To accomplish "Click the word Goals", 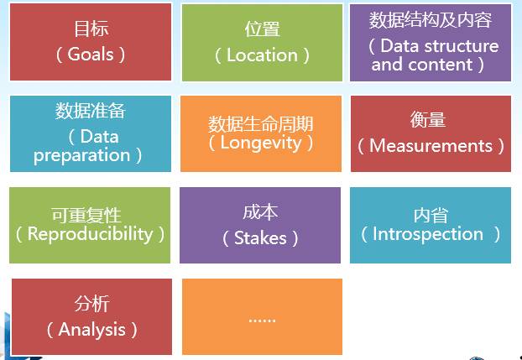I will click(x=91, y=55).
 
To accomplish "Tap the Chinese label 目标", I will click(x=91, y=29).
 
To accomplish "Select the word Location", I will click(x=262, y=55).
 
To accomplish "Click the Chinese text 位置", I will click(x=262, y=29).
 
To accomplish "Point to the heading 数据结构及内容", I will click(x=431, y=20).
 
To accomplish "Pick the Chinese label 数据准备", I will click(x=90, y=111).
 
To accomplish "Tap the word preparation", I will click(x=82, y=155).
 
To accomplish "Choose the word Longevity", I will click(x=260, y=142).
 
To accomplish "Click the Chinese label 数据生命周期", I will click(x=260, y=124).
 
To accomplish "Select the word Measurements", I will click(x=431, y=146).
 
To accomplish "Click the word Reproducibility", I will click(x=90, y=234).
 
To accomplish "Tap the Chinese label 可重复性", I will click(x=91, y=216).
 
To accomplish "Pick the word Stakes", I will click(x=260, y=238).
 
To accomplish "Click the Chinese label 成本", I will click(x=260, y=212).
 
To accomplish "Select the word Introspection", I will click(x=428, y=234).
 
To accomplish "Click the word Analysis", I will click(x=91, y=330).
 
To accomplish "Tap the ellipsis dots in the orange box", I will click(x=262, y=319).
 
